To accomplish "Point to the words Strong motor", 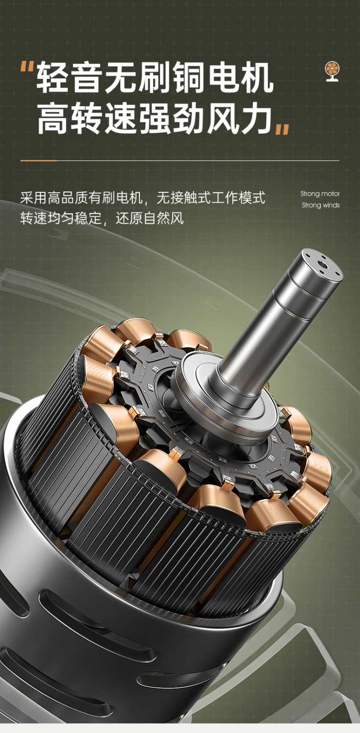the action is point(320,194).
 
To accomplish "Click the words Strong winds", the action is point(321,205).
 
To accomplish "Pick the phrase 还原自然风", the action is point(149,218).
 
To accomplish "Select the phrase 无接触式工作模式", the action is point(211,198).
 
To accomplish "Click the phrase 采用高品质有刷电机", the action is point(81,198).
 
